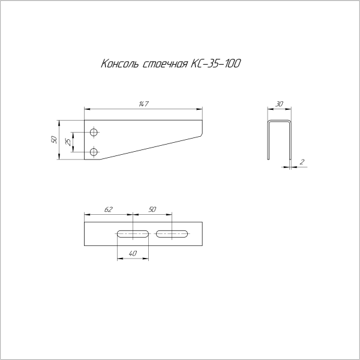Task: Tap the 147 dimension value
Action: (x=143, y=104)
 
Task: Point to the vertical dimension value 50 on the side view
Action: (x=54, y=140)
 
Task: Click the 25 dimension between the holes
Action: (x=68, y=142)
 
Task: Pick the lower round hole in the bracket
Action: (x=93, y=152)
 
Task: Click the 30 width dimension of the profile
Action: (x=280, y=104)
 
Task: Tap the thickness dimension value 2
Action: (x=302, y=162)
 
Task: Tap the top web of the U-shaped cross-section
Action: (x=280, y=122)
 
